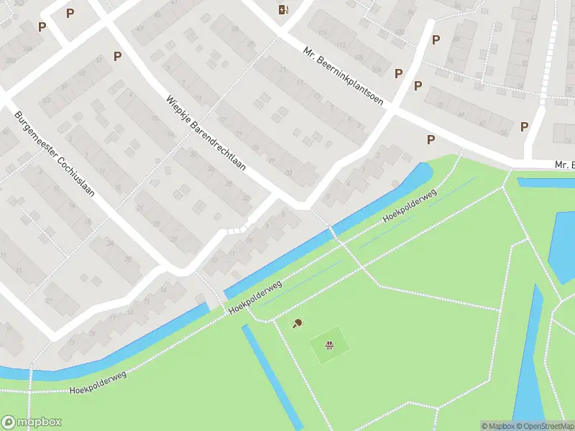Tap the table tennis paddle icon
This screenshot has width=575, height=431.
click(298, 324)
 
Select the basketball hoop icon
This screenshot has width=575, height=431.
click(330, 346)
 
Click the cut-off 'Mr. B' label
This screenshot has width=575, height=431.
click(564, 165)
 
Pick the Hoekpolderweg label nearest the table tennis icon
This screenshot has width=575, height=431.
click(255, 297)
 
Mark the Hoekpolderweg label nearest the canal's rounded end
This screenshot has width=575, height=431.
click(410, 205)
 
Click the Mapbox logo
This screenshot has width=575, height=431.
click(32, 422)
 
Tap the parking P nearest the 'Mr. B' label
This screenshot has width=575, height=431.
click(525, 126)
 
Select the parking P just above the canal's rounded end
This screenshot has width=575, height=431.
click(431, 139)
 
